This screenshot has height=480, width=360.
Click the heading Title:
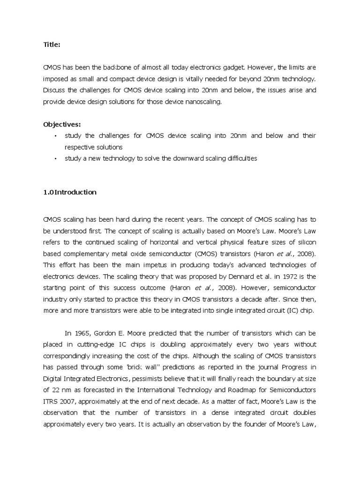[52, 45]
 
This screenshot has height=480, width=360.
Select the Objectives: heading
[62, 124]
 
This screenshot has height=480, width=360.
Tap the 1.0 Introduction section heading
[69, 192]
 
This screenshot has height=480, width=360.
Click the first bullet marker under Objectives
[55, 136]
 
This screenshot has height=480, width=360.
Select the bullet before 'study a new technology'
[55, 158]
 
